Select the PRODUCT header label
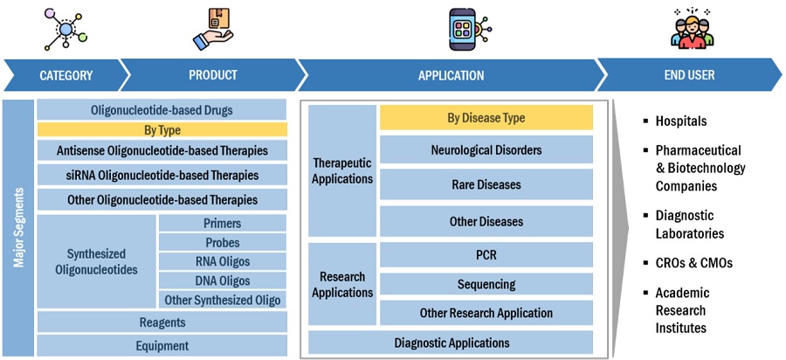click(213, 75)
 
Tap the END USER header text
click(689, 76)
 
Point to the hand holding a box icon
click(212, 30)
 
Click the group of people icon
click(692, 29)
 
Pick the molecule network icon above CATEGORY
click(65, 29)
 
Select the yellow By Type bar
click(162, 130)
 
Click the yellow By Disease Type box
click(486, 118)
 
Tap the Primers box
click(223, 223)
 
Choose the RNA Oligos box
click(223, 261)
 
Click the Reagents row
click(162, 322)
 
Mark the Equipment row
click(162, 345)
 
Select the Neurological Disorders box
click(486, 149)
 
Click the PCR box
click(486, 254)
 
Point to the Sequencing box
click(486, 284)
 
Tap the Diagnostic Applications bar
click(451, 343)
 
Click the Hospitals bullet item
click(675, 121)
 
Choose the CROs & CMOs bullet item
click(687, 263)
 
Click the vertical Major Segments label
click(19, 228)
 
